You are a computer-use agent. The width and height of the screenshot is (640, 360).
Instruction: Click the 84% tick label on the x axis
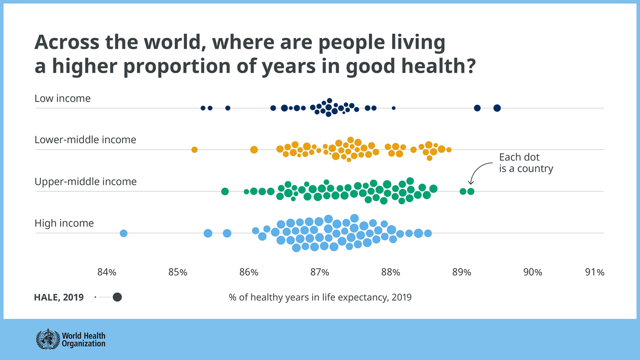pos(106,272)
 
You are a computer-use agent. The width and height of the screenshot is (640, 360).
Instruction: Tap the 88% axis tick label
pos(391,272)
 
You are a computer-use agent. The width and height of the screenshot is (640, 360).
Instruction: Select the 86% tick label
pos(248,272)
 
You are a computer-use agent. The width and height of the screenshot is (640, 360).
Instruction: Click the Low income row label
pos(62,98)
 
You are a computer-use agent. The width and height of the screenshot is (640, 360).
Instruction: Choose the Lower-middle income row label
pos(85,140)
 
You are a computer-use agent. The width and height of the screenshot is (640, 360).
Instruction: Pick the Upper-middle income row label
pos(85,181)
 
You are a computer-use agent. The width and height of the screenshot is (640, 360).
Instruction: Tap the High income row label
pos(64,223)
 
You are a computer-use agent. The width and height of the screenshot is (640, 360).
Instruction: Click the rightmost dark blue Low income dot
pos(497,108)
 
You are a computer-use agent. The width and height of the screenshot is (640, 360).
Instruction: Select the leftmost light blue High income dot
pos(124,233)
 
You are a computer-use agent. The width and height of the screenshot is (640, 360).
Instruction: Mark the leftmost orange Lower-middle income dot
pos(194,150)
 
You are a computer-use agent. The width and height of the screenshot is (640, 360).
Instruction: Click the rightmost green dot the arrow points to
pos(471,191)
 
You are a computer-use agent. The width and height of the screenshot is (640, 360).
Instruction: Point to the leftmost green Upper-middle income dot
pos(225,191)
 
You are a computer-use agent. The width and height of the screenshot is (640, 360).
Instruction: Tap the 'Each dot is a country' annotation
pos(526,163)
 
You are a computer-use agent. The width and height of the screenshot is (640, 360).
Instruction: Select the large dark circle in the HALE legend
pos(117,297)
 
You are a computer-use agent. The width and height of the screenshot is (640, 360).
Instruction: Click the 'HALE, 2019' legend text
pos(59,297)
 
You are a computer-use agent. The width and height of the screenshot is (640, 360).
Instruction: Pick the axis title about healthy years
pos(320,297)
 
